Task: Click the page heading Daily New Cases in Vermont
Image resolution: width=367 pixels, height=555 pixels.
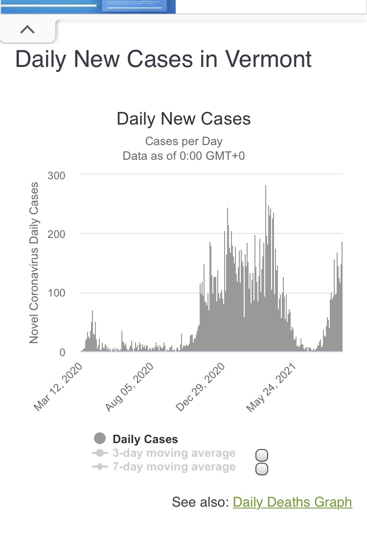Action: pyautogui.click(x=163, y=59)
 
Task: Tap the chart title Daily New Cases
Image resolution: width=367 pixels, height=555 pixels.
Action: pyautogui.click(x=183, y=119)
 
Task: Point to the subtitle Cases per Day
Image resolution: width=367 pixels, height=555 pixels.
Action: pyautogui.click(x=183, y=142)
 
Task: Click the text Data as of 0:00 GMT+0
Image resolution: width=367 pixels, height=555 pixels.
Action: pyautogui.click(x=183, y=156)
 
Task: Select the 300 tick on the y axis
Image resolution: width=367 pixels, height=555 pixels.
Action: pyautogui.click(x=56, y=175)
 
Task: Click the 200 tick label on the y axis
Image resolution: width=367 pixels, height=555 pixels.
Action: pyautogui.click(x=56, y=234)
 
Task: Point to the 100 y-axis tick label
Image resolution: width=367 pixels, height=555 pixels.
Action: pyautogui.click(x=56, y=293)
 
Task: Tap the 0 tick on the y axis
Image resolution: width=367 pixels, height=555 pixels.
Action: pyautogui.click(x=62, y=352)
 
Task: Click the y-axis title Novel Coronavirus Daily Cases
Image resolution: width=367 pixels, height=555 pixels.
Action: pyautogui.click(x=34, y=262)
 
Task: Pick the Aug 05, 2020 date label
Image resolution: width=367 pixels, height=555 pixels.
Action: pyautogui.click(x=130, y=387)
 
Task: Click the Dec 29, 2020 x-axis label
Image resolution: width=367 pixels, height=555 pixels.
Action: pyautogui.click(x=201, y=387)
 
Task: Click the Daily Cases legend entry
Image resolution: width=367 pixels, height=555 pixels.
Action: pyautogui.click(x=145, y=439)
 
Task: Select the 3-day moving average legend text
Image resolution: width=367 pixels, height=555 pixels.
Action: pyautogui.click(x=174, y=453)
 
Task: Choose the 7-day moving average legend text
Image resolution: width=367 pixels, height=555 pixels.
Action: pyautogui.click(x=174, y=467)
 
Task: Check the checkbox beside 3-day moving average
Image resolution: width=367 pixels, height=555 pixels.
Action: pyautogui.click(x=262, y=456)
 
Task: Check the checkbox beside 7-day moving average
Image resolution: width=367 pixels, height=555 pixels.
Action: pyautogui.click(x=262, y=470)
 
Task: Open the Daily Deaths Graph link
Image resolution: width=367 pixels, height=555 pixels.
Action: pyautogui.click(x=292, y=502)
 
